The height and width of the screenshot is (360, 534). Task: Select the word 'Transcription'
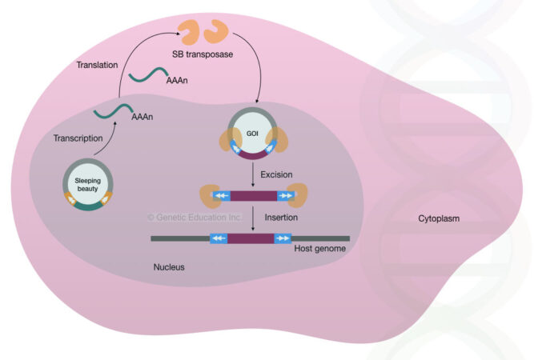tap(78, 138)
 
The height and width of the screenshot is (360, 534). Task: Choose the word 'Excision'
tap(276, 174)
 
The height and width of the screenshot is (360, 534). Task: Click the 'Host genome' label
tap(319, 250)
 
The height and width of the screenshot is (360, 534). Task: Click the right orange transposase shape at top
tap(219, 33)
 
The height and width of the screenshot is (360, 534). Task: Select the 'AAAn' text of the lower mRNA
tap(141, 116)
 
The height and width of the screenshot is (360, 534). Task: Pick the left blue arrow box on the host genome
tap(219, 238)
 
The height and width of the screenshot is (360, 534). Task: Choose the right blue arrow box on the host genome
tap(283, 238)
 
